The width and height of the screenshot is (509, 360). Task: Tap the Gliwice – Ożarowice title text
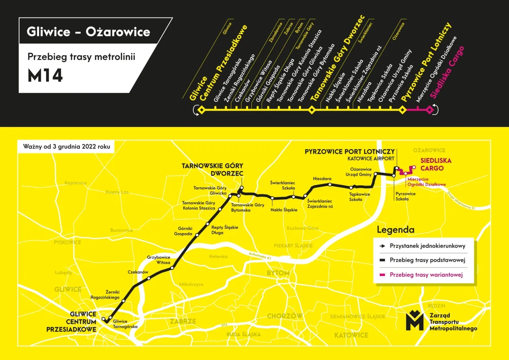tap(88, 31)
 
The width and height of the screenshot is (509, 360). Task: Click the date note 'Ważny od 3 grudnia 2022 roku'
tap(66, 146)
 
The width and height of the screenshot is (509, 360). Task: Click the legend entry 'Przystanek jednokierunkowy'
tap(427, 246)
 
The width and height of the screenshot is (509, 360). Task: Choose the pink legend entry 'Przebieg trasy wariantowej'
tap(426, 275)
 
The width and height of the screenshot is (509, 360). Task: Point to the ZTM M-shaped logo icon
tap(414, 320)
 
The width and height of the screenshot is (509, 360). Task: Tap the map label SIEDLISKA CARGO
tap(432, 165)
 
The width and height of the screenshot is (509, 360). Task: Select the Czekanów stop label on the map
tap(138, 272)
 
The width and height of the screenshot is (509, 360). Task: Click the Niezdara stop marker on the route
tap(330, 185)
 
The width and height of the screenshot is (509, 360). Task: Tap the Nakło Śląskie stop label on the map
tap(284, 210)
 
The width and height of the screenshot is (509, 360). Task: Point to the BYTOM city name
tap(278, 273)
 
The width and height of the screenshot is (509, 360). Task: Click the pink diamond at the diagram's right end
tap(429, 110)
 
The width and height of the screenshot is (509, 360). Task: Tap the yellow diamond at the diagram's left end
tap(201, 110)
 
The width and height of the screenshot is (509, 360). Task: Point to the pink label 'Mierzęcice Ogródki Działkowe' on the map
tap(426, 181)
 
